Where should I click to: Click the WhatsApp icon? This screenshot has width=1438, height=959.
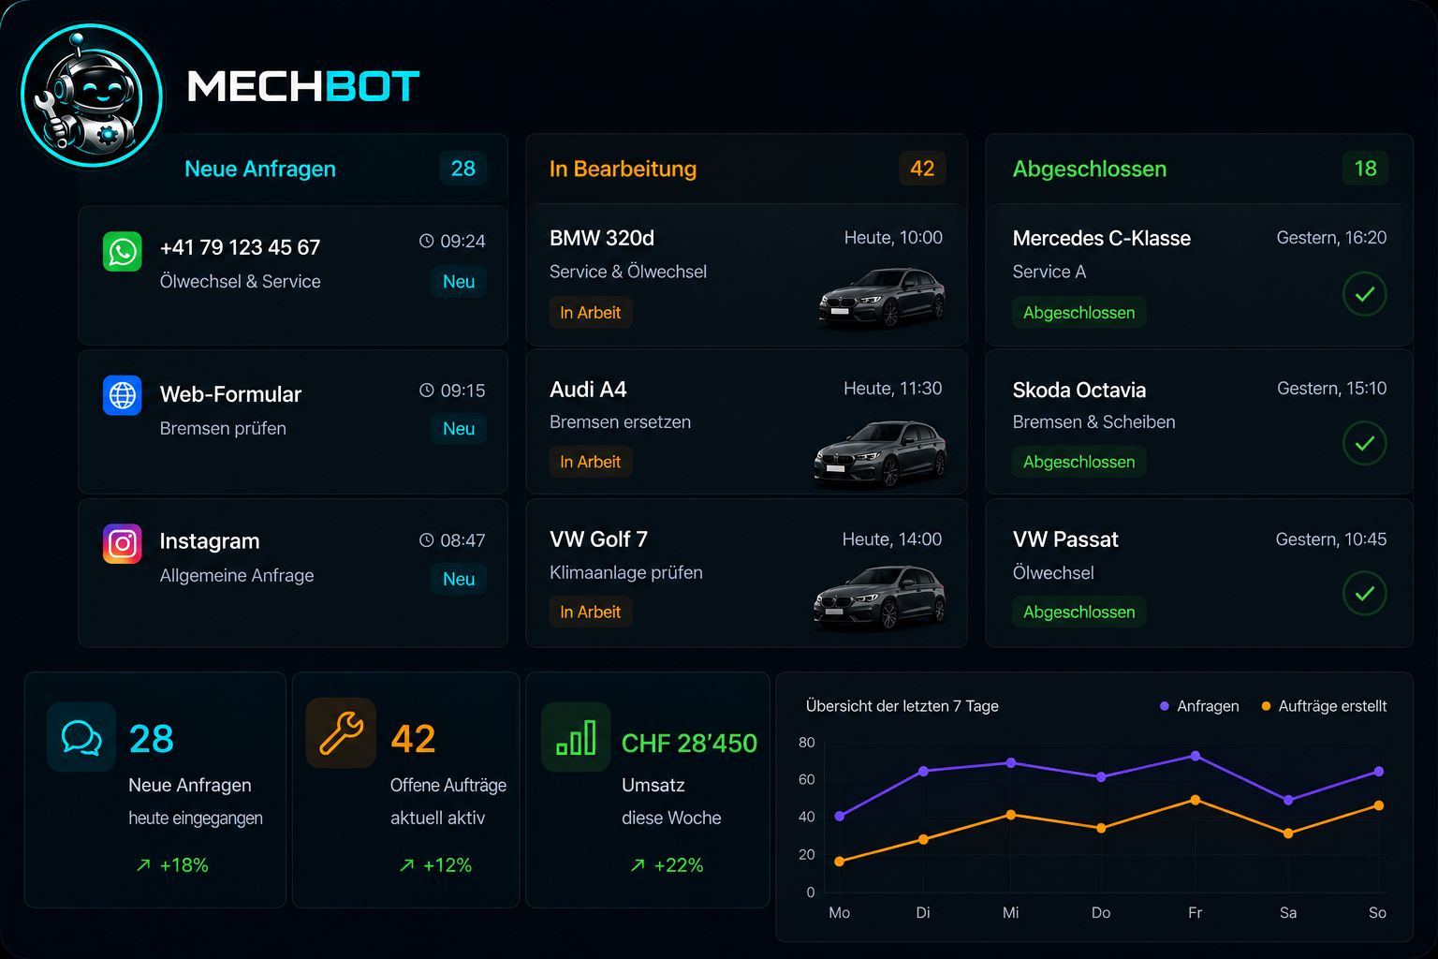click(x=122, y=251)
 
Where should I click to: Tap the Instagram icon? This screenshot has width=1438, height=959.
click(x=122, y=543)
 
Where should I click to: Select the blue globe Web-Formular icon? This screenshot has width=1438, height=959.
click(x=122, y=395)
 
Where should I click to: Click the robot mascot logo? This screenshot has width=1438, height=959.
click(x=92, y=96)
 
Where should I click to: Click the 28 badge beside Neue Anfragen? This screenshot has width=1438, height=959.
click(x=462, y=169)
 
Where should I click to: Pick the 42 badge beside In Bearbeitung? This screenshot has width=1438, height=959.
click(x=922, y=169)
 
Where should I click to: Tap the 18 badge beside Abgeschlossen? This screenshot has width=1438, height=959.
click(x=1366, y=169)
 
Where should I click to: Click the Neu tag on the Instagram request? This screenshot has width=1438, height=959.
click(x=459, y=579)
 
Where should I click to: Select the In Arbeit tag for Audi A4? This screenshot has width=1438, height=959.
click(x=590, y=462)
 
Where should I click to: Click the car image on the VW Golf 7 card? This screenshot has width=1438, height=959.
click(x=879, y=597)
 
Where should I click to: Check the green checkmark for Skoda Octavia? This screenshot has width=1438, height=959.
click(x=1365, y=443)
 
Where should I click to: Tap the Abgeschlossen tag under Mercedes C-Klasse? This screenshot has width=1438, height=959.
click(x=1078, y=313)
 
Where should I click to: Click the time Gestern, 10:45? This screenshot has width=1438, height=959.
click(x=1330, y=539)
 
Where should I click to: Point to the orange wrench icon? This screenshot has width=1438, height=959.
click(x=341, y=733)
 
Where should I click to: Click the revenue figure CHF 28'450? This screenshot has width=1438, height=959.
click(x=689, y=744)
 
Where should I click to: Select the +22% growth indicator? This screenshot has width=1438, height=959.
click(x=667, y=865)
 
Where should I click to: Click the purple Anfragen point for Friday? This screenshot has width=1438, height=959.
click(x=1195, y=756)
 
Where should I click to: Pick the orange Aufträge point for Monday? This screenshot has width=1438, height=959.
click(x=839, y=862)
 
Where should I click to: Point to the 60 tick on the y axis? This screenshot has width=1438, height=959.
click(x=806, y=779)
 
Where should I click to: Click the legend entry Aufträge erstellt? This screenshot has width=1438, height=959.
click(x=1325, y=706)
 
